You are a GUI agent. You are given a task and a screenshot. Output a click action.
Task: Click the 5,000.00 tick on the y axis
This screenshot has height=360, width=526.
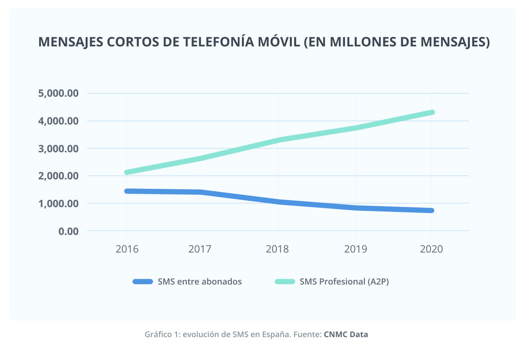click(58, 93)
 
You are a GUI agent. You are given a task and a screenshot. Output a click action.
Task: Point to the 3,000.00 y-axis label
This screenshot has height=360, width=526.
click(58, 149)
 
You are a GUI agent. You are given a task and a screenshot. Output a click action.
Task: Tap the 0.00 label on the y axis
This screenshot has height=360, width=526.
click(69, 231)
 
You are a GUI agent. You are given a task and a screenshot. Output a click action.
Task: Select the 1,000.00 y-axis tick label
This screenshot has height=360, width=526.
click(58, 204)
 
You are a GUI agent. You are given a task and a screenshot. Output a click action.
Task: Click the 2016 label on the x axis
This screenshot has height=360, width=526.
click(127, 249)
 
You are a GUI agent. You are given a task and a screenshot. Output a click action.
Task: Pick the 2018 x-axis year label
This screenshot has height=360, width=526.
click(277, 249)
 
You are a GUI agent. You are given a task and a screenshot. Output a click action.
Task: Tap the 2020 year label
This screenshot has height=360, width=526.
click(431, 249)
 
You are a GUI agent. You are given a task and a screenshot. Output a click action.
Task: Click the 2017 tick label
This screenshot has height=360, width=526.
click(200, 249)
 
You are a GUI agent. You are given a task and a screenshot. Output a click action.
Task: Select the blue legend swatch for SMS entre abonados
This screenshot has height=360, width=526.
click(143, 282)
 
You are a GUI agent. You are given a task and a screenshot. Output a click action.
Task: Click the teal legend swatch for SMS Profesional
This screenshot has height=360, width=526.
click(285, 282)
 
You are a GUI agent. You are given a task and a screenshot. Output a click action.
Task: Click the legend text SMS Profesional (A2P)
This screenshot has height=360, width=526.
click(344, 282)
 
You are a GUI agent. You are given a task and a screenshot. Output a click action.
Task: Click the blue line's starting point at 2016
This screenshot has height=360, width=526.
click(127, 191)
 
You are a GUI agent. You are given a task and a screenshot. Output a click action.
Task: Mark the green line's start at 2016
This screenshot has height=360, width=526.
click(127, 172)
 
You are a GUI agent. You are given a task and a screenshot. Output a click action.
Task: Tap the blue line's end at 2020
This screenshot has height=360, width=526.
click(432, 211)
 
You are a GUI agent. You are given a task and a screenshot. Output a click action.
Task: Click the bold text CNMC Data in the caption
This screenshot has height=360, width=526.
click(346, 335)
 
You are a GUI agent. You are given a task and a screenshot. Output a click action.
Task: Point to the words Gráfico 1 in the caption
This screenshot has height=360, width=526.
click(162, 335)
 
